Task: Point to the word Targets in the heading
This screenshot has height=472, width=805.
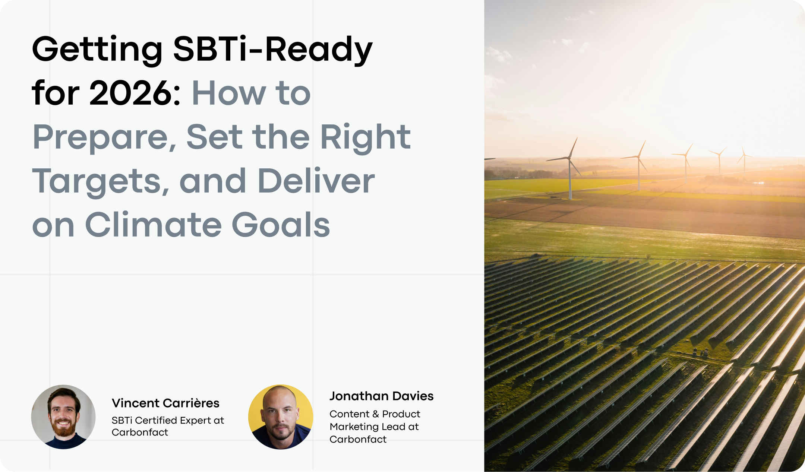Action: [x=101, y=181]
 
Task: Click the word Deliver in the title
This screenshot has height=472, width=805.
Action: [x=316, y=181]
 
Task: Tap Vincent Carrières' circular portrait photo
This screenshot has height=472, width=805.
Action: [x=63, y=417]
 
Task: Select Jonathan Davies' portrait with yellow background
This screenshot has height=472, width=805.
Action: [x=281, y=417]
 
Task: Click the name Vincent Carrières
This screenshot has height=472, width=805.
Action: [x=165, y=403]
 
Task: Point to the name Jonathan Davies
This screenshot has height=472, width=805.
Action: [x=382, y=396]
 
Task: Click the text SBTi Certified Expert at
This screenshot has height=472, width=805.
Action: [x=168, y=420]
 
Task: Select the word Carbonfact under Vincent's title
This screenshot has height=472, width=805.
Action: [x=140, y=432]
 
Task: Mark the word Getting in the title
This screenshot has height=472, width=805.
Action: [x=97, y=50]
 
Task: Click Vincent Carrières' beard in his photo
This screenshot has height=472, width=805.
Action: [x=63, y=428]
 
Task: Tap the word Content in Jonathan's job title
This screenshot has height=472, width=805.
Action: [x=350, y=414]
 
